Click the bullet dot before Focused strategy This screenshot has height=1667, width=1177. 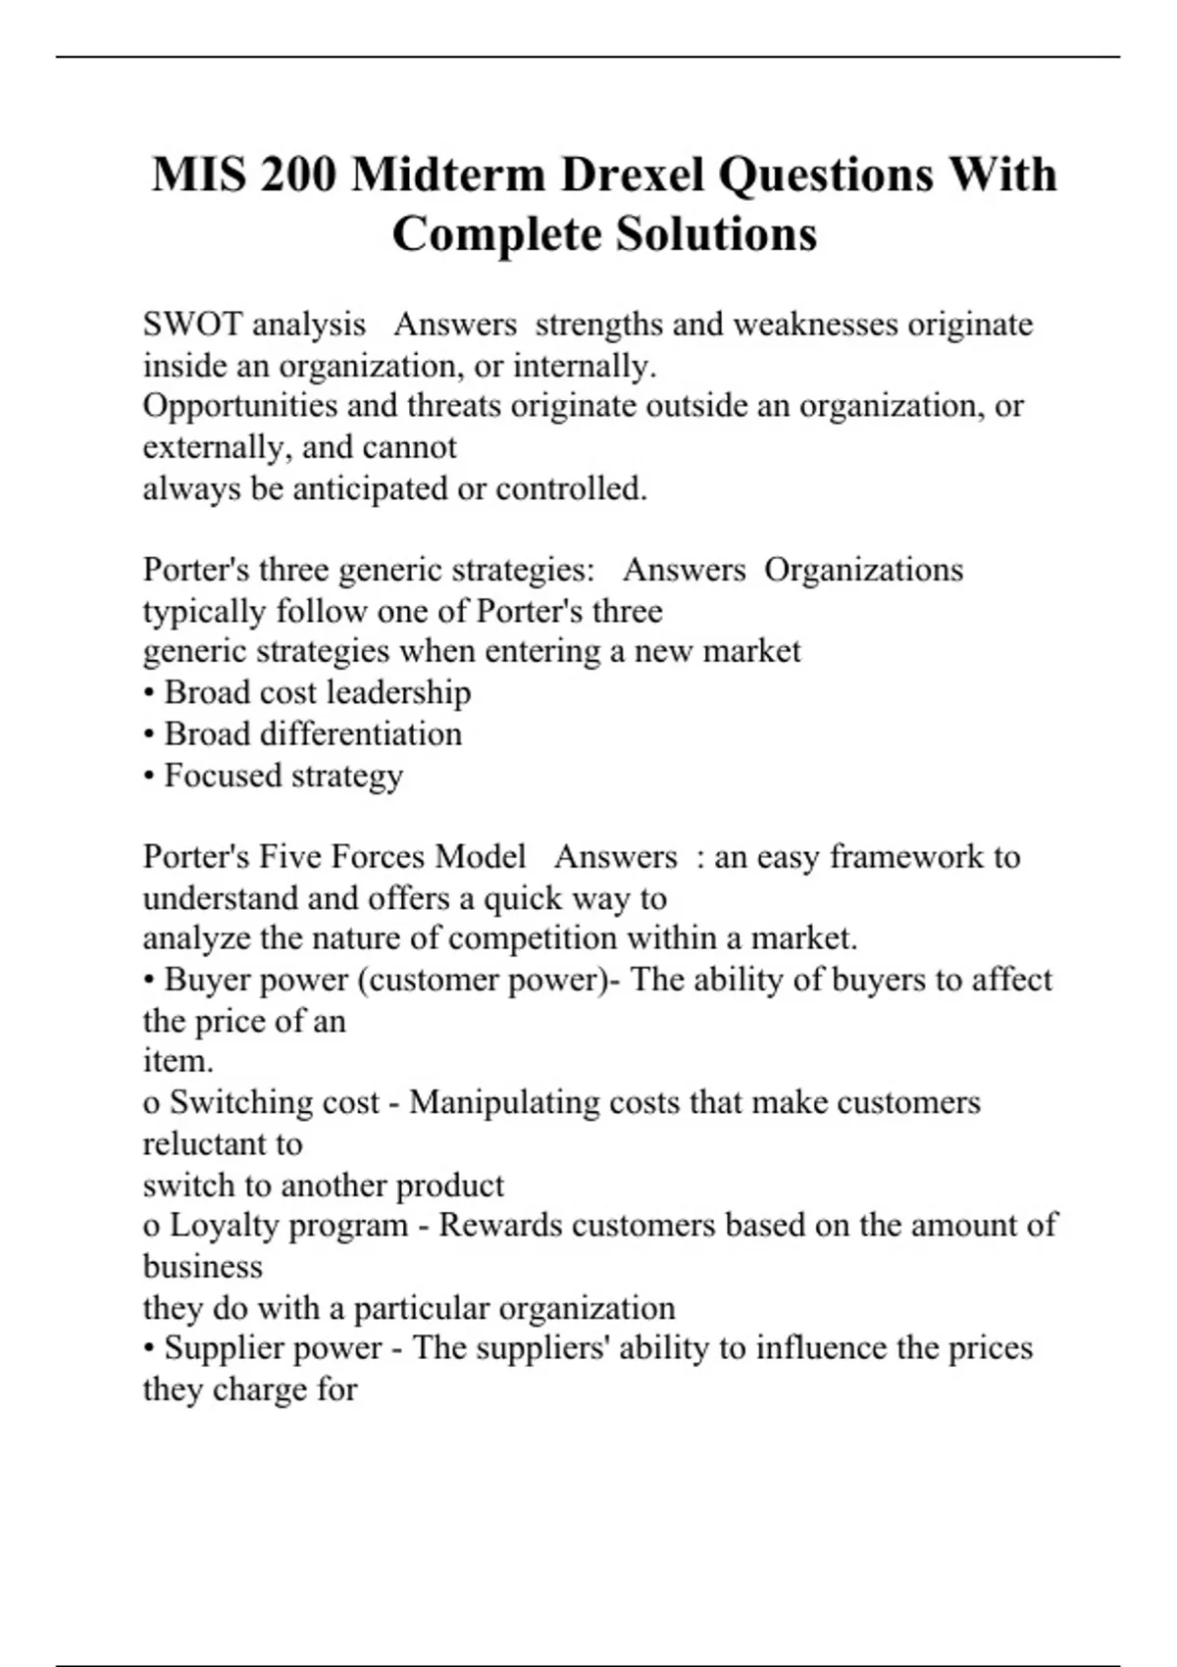coord(149,777)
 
